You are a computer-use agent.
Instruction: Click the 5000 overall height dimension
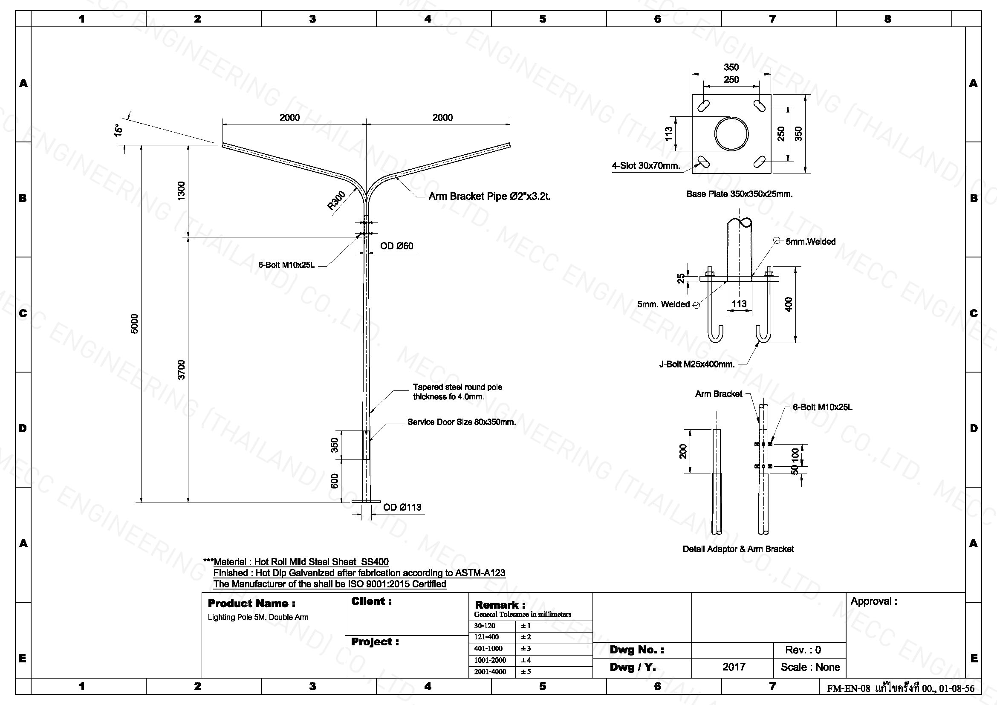(134, 324)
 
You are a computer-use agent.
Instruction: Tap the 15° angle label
(118, 130)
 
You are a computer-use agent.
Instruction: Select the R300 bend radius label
(337, 201)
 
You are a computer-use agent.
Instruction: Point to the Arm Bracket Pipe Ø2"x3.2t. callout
(489, 196)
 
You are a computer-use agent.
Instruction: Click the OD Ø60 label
(396, 246)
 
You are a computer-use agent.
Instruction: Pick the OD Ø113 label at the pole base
(402, 507)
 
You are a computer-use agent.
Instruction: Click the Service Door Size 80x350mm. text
(462, 422)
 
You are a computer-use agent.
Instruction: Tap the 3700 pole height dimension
(182, 370)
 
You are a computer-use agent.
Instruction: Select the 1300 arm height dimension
(182, 191)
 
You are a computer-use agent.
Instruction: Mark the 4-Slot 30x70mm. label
(646, 165)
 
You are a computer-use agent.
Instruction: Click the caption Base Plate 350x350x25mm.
(740, 194)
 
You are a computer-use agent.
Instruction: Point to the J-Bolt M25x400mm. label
(697, 364)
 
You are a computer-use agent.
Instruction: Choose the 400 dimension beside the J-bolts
(789, 304)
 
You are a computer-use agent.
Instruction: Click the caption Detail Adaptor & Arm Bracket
(738, 549)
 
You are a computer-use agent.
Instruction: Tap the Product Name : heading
(251, 603)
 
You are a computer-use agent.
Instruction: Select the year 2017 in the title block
(734, 667)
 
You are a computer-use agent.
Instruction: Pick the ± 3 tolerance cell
(526, 649)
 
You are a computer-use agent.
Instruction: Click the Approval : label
(874, 601)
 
